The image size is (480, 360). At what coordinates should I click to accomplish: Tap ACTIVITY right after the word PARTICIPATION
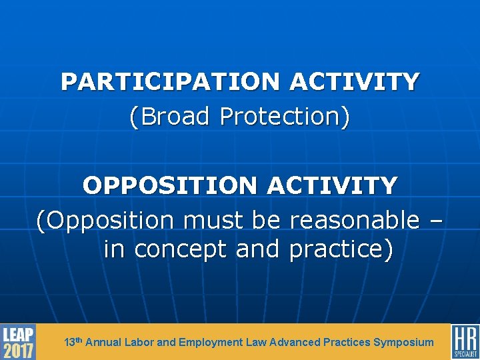pos(355,82)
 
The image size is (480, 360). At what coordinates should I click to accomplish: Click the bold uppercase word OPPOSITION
pos(171,185)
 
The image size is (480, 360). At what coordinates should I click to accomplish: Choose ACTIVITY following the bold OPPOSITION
pos(333,185)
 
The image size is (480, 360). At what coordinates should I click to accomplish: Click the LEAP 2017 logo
pos(18,342)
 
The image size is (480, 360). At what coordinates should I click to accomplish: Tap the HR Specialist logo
pos(465,342)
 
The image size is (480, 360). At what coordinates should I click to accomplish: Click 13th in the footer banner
pos(73,341)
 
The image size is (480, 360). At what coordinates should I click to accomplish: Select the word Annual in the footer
pos(103,342)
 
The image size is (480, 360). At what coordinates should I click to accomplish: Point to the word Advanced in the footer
pos(295,342)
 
